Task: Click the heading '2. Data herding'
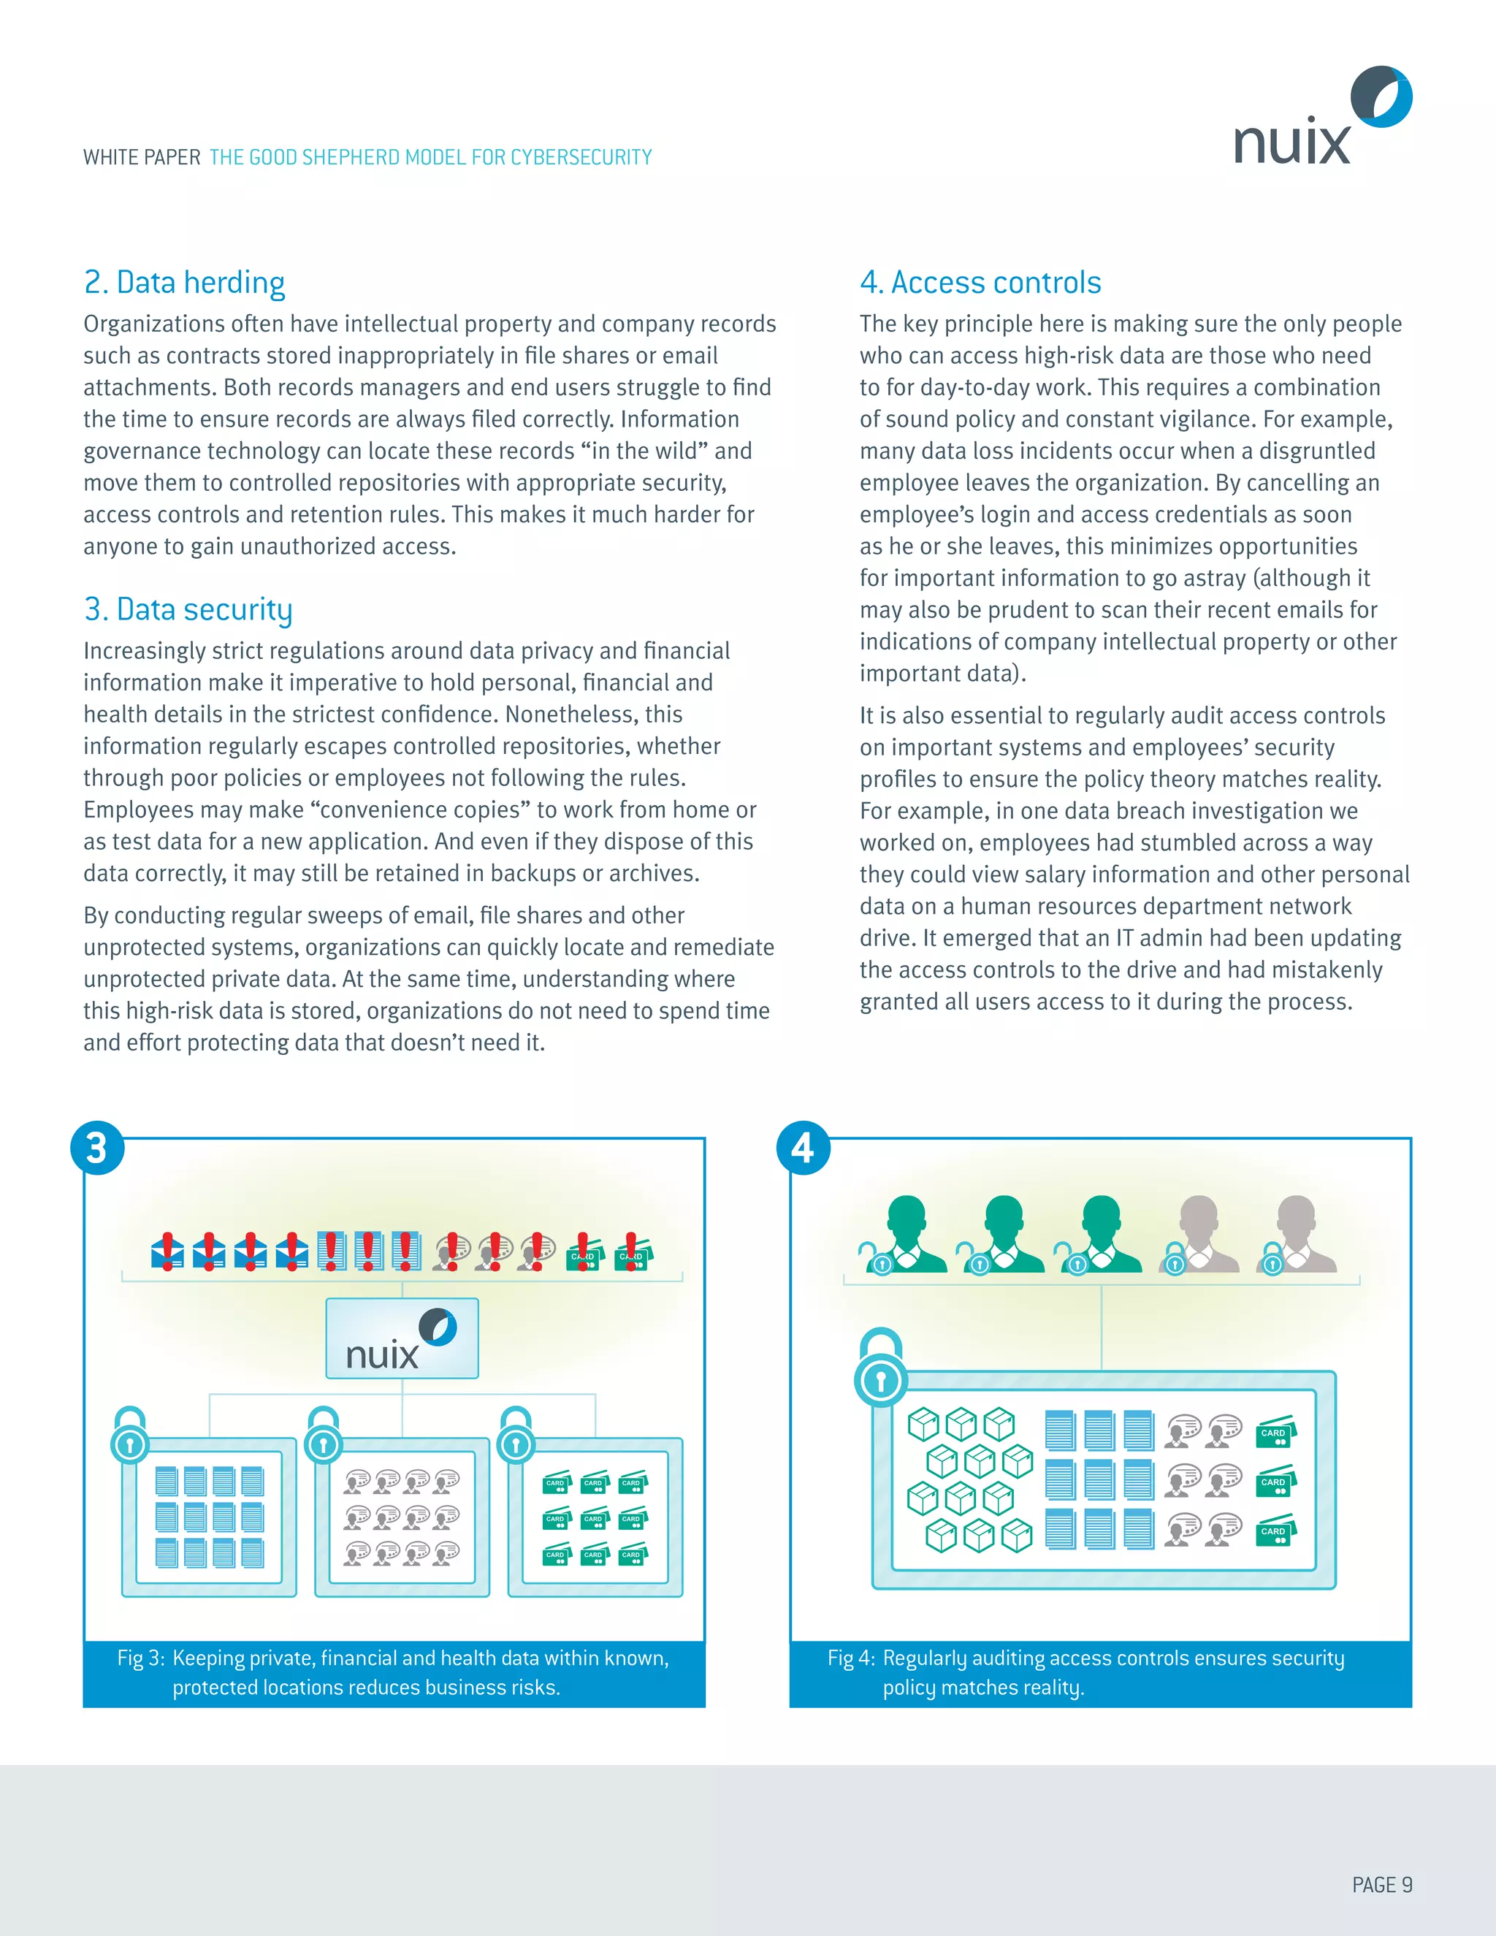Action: pyautogui.click(x=184, y=283)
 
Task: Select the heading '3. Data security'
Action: pyautogui.click(x=188, y=610)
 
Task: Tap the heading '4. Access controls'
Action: pyautogui.click(x=980, y=283)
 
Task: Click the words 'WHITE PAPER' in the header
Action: pyautogui.click(x=142, y=158)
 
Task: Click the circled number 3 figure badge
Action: pyautogui.click(x=97, y=1148)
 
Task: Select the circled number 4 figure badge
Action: pyautogui.click(x=803, y=1148)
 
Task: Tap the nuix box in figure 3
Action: pyautogui.click(x=402, y=1338)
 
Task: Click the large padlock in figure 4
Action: pyautogui.click(x=881, y=1368)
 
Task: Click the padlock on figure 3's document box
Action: pyautogui.click(x=130, y=1436)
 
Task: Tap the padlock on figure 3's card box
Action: pyautogui.click(x=516, y=1436)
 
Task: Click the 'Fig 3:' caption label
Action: pyautogui.click(x=141, y=1658)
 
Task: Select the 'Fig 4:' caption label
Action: pyautogui.click(x=851, y=1658)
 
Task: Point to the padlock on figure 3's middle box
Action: pyautogui.click(x=324, y=1436)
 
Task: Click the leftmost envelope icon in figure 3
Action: pyautogui.click(x=167, y=1251)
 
